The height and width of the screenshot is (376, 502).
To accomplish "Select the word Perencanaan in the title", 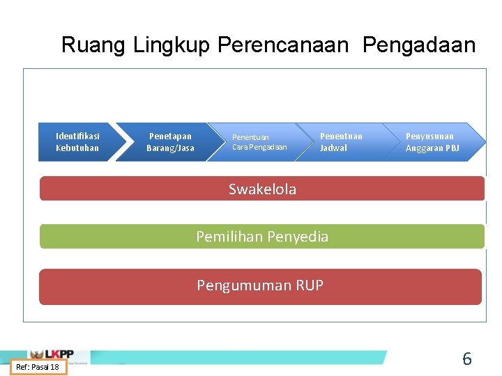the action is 282,45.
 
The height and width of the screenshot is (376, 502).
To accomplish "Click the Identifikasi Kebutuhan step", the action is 77,142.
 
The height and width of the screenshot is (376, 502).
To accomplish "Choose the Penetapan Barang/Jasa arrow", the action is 170,142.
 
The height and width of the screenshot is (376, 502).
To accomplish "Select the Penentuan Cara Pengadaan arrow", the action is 259,142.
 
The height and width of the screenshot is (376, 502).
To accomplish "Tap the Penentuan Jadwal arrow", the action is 341,142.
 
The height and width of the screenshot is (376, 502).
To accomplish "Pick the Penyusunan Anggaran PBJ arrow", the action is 432,142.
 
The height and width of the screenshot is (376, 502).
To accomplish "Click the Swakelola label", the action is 262,189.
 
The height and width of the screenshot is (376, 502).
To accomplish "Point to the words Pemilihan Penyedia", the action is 262,237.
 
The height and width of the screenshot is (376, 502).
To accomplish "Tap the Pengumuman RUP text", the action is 260,285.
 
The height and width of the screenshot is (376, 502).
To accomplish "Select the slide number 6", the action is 467,359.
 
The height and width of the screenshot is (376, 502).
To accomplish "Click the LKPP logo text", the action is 60,354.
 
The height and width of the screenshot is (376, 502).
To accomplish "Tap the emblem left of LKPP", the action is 36,354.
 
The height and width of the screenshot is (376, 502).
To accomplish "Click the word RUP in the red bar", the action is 309,285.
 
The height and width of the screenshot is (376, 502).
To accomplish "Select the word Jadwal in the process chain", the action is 333,148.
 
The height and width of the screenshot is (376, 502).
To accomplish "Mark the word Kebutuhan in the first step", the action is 77,148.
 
